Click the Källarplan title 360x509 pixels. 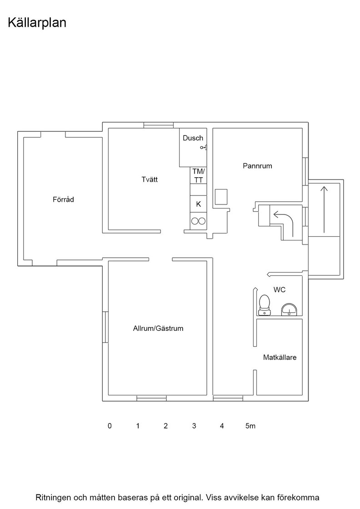pos(37,23)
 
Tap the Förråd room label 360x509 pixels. pos(63,200)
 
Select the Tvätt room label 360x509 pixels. pos(150,179)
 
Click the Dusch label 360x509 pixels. pos(193,138)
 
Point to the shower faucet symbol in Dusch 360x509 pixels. pos(204,148)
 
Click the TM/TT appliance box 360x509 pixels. pos(198,175)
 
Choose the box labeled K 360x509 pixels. pos(198,204)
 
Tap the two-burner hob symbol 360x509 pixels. pos(198,221)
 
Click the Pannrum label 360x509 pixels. pos(257,166)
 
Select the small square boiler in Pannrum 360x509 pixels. pos(221,197)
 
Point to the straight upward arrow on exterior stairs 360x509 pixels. pos(324,210)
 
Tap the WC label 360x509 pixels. pos(280,289)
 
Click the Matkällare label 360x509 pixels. pos(280,357)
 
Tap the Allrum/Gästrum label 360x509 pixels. pos(158,328)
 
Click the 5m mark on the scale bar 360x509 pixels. pos(250,425)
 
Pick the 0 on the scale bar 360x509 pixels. pos(110,425)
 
